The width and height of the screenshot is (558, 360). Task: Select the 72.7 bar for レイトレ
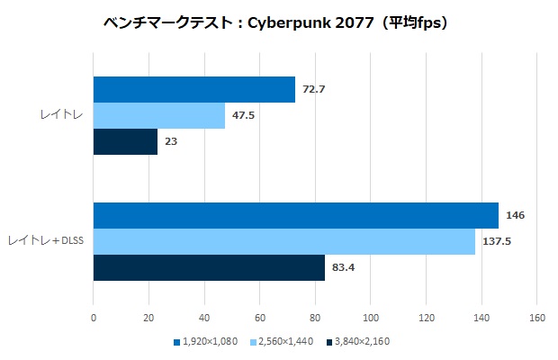pos(193,90)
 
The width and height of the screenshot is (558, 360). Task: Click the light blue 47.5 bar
pos(158,116)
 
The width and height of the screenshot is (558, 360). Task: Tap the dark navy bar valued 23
pos(125,142)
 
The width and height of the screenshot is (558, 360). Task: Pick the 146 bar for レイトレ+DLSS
pos(295,216)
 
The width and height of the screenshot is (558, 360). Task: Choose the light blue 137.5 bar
pos(283,242)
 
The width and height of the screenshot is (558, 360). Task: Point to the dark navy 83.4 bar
pos(209,268)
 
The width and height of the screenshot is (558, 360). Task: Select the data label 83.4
pos(343,268)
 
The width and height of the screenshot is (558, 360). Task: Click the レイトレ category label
pos(58,116)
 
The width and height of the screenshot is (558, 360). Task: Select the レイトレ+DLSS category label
pos(45,242)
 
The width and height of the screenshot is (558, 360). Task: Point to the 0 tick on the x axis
pos(94,318)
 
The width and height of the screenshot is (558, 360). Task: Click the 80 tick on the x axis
pos(315,318)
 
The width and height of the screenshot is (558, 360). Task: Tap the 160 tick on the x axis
pos(536,318)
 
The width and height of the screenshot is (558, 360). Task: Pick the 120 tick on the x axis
pos(426,318)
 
